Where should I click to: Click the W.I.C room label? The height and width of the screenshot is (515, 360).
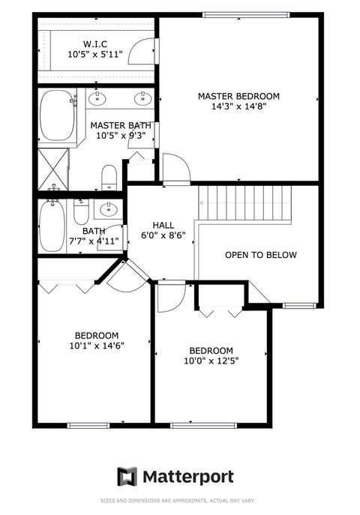pos(95,43)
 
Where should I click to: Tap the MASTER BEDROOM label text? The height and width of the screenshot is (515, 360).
pos(238,96)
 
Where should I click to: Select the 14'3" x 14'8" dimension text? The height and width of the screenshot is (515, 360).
pos(238,106)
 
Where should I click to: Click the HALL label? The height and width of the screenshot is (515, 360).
pos(163,226)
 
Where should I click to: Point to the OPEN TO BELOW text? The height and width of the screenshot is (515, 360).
pos(261,255)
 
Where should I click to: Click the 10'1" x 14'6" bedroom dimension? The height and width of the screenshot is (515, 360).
pos(97,346)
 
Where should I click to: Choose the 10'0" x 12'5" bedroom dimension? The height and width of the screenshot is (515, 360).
pos(211,361)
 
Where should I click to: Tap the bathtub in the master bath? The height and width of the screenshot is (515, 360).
pos(57,115)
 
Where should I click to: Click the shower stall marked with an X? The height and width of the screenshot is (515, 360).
pos(53,169)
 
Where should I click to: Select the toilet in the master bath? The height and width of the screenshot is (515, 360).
pos(109,178)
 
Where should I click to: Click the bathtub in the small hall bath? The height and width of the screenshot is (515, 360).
pos(52,226)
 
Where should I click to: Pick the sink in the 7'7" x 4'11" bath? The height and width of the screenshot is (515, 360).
pos(109,208)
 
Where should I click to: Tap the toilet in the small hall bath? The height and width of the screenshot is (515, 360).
pos(81,212)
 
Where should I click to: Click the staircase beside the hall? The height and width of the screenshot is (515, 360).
pos(245,203)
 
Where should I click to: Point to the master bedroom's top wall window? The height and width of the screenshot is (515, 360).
pos(246,15)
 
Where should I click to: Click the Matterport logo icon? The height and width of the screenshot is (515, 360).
pos(127,476)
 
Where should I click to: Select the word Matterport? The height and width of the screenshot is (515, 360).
pos(188,477)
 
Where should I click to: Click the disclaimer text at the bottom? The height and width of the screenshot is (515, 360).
pos(178,501)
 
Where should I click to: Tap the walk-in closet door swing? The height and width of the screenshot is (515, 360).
pos(140,51)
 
